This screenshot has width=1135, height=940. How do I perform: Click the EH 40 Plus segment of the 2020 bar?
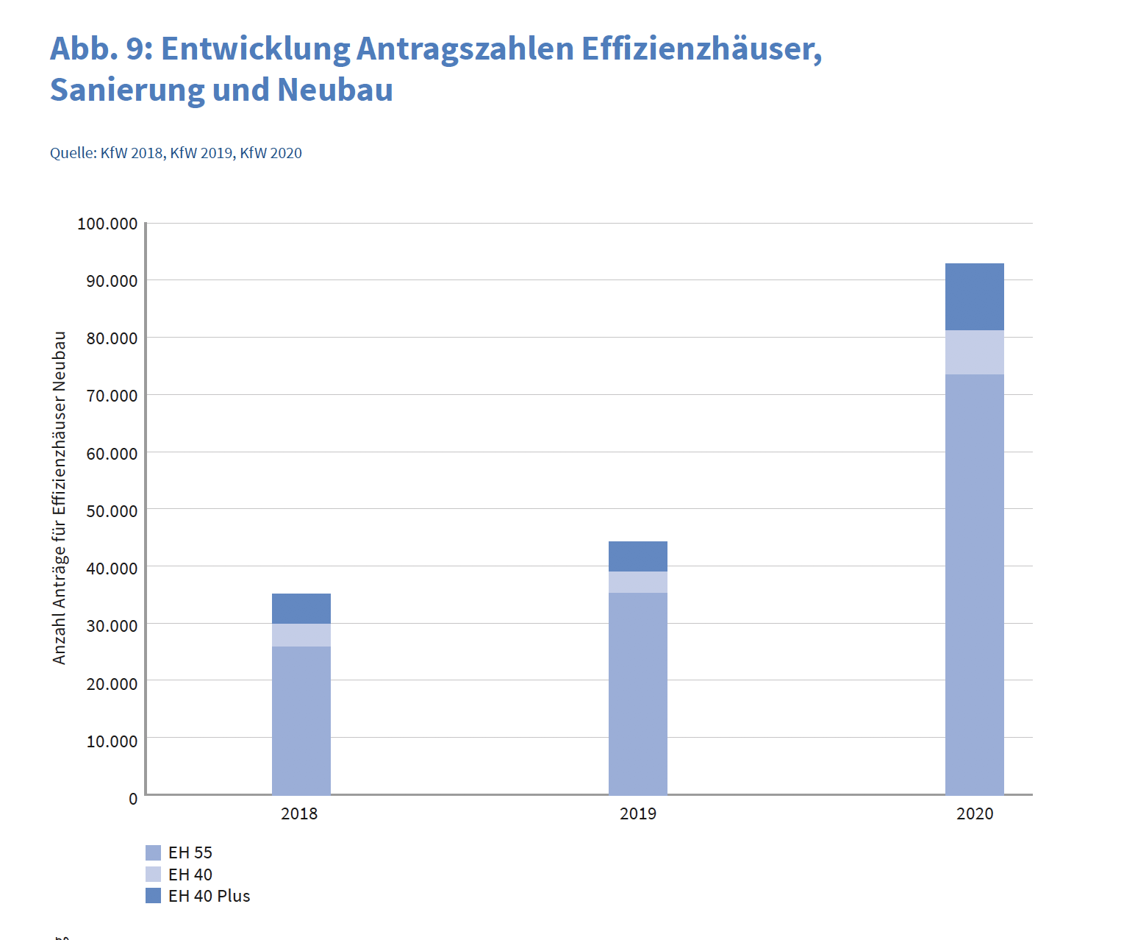tap(974, 296)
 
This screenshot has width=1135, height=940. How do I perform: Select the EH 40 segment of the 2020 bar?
tap(974, 352)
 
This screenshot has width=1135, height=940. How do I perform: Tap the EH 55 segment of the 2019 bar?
tap(637, 693)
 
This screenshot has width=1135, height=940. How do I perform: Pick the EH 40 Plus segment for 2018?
tap(301, 608)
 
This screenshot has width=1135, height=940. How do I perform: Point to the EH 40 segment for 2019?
tap(637, 582)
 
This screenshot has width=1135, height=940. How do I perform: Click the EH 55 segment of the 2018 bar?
tap(301, 720)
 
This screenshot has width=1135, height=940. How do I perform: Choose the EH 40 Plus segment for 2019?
tap(637, 556)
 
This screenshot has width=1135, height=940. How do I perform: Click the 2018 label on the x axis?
tap(299, 813)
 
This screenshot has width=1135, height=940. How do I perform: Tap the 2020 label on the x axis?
tap(974, 813)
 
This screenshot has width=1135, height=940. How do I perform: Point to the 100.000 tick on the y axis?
tap(107, 224)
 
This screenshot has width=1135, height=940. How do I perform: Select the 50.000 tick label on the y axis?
tap(112, 511)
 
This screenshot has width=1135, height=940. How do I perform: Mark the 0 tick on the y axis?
tap(133, 799)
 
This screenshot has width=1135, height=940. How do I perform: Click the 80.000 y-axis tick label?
tap(112, 338)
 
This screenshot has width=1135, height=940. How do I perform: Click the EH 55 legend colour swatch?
tap(153, 852)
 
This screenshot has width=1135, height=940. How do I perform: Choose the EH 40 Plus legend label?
tap(209, 896)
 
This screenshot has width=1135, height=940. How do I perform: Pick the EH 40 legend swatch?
tap(153, 875)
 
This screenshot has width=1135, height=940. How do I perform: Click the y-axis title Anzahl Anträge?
tap(60, 498)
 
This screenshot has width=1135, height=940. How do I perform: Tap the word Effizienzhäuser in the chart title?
tap(701, 49)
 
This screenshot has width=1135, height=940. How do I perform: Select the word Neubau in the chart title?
tap(335, 90)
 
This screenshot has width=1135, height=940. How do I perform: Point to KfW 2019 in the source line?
tap(201, 153)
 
